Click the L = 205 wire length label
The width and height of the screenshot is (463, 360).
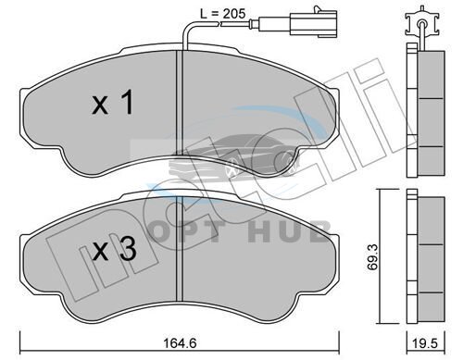tap(222, 14)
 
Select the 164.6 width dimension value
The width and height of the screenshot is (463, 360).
tap(181, 342)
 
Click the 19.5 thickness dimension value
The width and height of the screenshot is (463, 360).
tap(426, 343)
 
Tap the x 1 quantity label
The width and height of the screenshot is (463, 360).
tap(113, 102)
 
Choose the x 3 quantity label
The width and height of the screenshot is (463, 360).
tap(115, 249)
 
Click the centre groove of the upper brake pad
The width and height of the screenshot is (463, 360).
tap(180, 103)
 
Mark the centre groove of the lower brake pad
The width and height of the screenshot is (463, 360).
tap(180, 249)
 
